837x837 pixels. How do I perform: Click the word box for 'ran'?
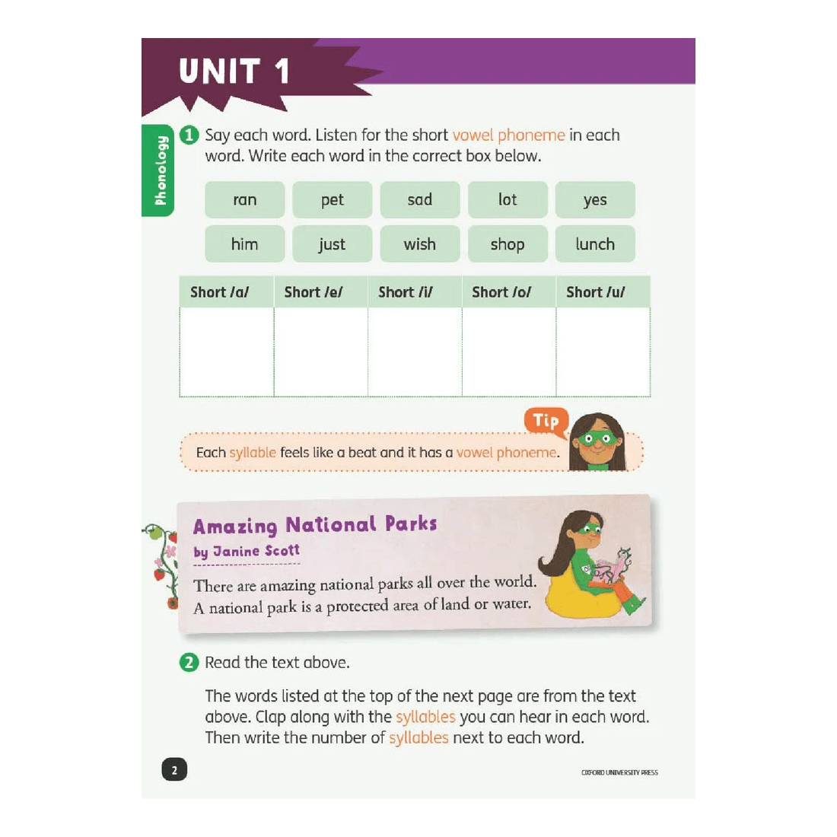[x=244, y=200]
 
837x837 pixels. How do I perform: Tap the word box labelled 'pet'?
[x=332, y=200]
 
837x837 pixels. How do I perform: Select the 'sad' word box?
[x=419, y=200]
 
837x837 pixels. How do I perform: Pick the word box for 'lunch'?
[x=595, y=244]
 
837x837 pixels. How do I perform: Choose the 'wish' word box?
[x=419, y=244]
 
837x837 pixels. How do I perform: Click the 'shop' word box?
[x=507, y=244]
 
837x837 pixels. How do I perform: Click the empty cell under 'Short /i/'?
[x=415, y=352]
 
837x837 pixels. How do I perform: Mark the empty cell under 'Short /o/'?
[x=509, y=352]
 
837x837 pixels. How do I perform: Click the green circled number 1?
[x=189, y=135]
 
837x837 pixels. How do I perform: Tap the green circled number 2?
[x=189, y=663]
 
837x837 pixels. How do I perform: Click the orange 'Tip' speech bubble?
[x=546, y=421]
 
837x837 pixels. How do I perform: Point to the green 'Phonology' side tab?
[x=159, y=170]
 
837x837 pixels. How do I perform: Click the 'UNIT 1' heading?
[x=234, y=72]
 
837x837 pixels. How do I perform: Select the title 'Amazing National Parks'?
[x=315, y=525]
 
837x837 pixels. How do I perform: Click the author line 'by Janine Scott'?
[x=247, y=551]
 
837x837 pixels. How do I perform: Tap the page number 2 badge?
[x=174, y=770]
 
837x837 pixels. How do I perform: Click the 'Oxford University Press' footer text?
[x=619, y=772]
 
